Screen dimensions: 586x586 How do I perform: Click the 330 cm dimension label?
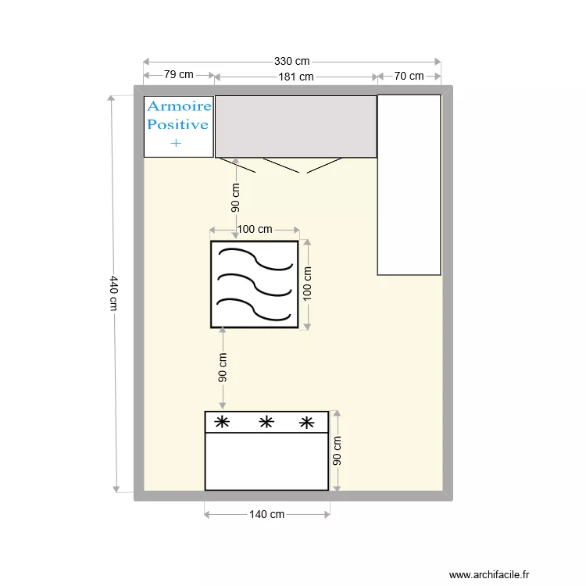click(292, 61)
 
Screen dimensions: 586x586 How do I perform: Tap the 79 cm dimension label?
click(179, 74)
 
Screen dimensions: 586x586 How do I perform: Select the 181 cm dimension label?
click(296, 77)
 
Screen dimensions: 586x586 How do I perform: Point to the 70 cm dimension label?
click(409, 77)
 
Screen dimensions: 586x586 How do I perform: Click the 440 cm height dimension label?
click(113, 293)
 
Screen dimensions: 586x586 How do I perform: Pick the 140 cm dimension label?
click(267, 515)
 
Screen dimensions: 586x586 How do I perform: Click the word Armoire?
click(180, 106)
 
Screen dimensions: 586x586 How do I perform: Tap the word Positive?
click(177, 124)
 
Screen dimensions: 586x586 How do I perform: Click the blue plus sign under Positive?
click(176, 143)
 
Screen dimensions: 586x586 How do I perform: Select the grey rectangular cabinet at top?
click(296, 127)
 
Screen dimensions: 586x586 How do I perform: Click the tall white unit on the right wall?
click(409, 185)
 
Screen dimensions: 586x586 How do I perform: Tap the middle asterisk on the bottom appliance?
click(266, 422)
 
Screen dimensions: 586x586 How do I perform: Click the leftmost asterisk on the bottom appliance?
click(222, 422)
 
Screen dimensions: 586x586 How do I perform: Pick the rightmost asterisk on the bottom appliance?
click(307, 423)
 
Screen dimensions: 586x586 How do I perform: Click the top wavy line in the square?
click(255, 258)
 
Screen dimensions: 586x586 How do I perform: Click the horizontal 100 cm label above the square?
click(255, 229)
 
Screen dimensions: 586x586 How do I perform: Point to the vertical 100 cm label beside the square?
click(307, 284)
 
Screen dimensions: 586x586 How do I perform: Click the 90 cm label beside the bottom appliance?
click(337, 451)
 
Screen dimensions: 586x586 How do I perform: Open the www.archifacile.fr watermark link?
click(489, 574)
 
